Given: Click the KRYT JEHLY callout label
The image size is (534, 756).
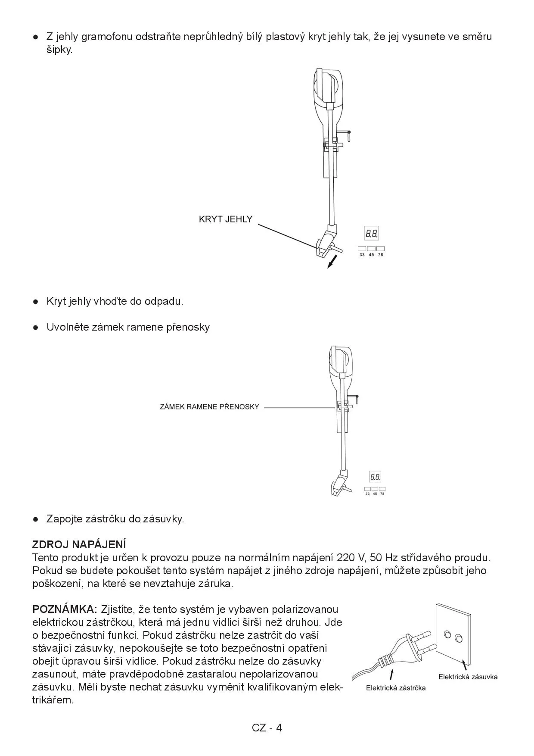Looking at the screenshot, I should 225,219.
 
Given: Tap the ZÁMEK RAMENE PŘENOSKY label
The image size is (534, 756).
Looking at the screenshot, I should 209,406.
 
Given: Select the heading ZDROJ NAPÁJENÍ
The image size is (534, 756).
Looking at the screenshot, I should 79,544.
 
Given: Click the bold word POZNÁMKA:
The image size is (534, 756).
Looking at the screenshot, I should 65,609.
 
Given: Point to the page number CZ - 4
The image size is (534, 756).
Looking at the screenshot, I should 267,728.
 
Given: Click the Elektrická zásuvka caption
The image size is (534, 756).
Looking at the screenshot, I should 468,677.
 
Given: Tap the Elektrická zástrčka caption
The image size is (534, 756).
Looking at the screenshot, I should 395,688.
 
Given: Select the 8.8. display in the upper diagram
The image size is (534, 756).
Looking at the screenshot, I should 372,234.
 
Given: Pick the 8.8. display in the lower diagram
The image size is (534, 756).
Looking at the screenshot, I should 375,477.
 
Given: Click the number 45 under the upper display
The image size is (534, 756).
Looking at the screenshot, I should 371,255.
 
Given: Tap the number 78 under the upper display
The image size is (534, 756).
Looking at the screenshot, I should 380,255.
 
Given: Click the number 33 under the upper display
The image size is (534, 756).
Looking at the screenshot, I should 362,255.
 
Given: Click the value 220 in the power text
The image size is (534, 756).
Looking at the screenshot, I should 345,558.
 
